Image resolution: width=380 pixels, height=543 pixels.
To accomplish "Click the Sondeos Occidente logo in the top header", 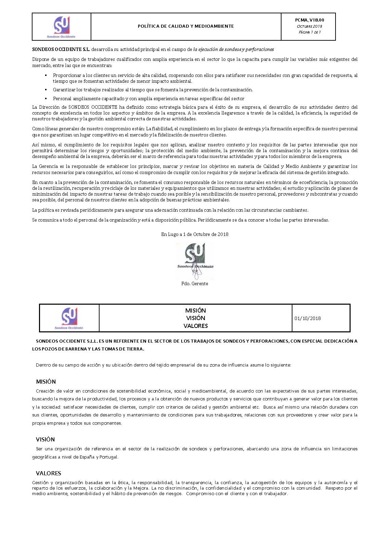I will (x=62, y=27).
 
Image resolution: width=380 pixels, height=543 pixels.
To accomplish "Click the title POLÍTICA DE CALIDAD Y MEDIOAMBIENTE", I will (x=186, y=26).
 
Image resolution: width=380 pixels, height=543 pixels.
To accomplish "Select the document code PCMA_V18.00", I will (x=309, y=20).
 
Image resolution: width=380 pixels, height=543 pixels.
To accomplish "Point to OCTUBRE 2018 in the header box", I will (x=309, y=26).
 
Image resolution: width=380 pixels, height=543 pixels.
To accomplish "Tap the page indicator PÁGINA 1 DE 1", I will (x=309, y=32).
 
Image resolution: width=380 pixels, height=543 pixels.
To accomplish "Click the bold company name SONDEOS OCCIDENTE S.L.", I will (x=61, y=50).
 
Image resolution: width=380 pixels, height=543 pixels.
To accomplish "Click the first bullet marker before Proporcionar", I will (x=46, y=75).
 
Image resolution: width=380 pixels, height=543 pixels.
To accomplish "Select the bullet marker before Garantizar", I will (x=46, y=90).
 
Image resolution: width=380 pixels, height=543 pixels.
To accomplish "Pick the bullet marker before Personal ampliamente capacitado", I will (x=46, y=98).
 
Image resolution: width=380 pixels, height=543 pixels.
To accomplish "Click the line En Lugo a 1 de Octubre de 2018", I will (x=195, y=234).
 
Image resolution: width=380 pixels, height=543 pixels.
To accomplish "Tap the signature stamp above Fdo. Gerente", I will (x=195, y=260).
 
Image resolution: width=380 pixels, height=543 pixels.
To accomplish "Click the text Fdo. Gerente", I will (x=195, y=283).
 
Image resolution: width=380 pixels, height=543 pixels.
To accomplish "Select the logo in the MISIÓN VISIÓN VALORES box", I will (x=69, y=318).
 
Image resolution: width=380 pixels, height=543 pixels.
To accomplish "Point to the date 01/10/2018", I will (x=307, y=318).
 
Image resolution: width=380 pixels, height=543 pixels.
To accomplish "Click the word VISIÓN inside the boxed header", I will (x=196, y=318).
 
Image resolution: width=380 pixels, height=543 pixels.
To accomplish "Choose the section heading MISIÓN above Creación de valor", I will (x=46, y=382).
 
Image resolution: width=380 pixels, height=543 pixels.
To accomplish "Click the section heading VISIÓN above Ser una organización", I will (x=45, y=439).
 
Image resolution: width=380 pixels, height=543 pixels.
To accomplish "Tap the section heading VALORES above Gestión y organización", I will (x=48, y=473).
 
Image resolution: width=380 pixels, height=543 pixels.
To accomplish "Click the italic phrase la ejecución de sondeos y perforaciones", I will (x=234, y=50).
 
